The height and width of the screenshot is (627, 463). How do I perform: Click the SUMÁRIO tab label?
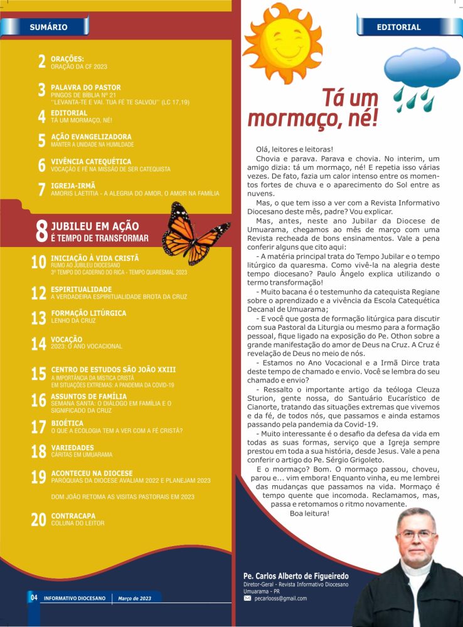tap(48, 27)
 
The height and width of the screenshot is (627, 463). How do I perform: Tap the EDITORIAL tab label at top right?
tap(398, 27)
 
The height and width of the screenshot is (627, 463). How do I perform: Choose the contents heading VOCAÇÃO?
tap(67, 339)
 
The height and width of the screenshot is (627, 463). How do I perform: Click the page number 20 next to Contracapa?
tap(38, 520)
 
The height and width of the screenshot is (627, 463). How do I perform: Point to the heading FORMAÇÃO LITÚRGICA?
tap(88, 313)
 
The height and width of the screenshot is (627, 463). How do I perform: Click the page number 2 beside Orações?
tap(41, 61)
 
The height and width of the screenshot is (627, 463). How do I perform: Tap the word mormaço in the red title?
tap(297, 118)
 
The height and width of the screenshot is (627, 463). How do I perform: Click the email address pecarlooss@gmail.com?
tap(280, 598)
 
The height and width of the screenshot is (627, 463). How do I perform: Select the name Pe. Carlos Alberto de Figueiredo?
tap(296, 576)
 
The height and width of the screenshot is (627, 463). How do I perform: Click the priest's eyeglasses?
tap(417, 534)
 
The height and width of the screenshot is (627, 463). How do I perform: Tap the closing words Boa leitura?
tap(310, 514)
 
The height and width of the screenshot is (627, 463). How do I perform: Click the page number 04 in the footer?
tap(34, 598)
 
